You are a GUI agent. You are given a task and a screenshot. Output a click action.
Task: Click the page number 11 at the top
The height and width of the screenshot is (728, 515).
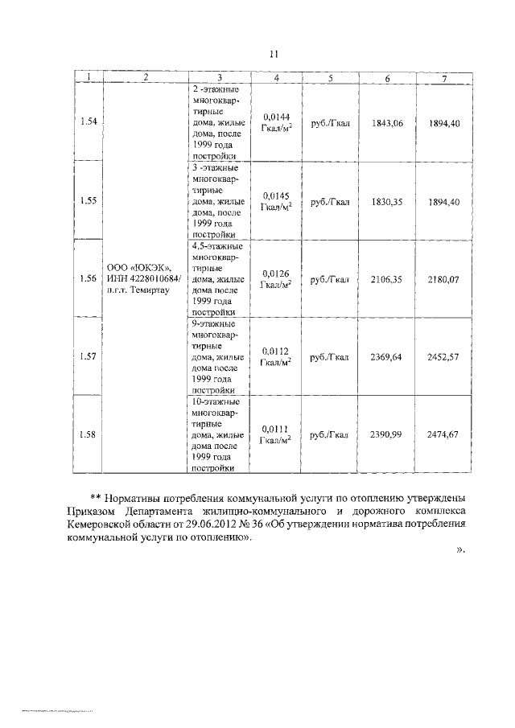[274, 54]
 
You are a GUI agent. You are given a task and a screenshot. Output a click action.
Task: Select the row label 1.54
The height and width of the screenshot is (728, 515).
[89, 121]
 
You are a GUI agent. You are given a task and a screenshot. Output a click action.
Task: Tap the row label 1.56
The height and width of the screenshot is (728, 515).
[89, 278]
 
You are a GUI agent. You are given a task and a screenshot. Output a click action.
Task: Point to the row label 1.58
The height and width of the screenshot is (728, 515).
[89, 434]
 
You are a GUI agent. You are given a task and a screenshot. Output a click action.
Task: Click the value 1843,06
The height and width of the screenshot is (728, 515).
[387, 122]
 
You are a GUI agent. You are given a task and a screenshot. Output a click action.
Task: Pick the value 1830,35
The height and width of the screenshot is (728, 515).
[387, 202]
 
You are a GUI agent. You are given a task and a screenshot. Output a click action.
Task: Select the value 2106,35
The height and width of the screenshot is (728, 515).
[387, 279]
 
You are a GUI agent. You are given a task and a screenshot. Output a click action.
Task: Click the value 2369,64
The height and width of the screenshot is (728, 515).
[387, 356]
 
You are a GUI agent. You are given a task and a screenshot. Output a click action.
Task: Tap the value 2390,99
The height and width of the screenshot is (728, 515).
[387, 434]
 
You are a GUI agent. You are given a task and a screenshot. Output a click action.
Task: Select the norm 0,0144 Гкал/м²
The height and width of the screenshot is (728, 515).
[275, 122]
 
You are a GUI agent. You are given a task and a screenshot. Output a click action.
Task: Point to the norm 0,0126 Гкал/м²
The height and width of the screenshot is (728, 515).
[275, 279]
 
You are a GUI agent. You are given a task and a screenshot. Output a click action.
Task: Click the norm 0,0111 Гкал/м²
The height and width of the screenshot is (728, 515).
[275, 434]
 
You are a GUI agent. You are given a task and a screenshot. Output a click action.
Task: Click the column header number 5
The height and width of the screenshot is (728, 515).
[330, 77]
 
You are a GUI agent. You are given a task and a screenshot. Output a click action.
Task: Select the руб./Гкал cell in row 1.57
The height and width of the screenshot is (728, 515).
[330, 356]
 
